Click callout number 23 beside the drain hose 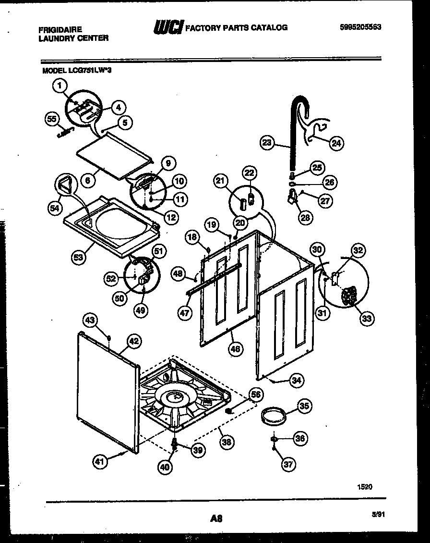(x=267, y=142)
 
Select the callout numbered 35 (x=304, y=406)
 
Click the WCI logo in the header (x=167, y=28)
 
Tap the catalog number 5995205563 (x=360, y=27)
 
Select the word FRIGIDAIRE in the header (x=60, y=30)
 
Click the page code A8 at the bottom (x=216, y=518)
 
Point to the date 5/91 (x=379, y=514)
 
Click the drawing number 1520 (x=364, y=487)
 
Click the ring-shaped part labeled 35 (x=274, y=414)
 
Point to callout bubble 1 (x=59, y=86)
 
